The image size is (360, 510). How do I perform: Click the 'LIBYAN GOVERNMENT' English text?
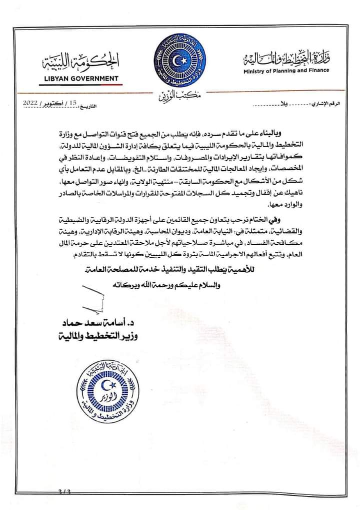[79, 78]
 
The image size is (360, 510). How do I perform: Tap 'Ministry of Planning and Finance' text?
[286, 71]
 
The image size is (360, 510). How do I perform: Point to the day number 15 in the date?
[73, 102]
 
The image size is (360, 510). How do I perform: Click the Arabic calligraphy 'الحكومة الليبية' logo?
[80, 64]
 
